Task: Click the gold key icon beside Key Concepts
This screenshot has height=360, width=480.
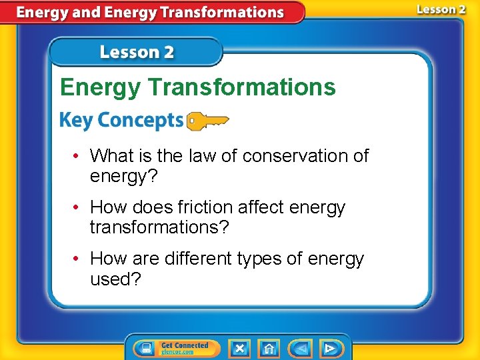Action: coord(207,121)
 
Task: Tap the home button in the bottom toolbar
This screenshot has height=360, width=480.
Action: coord(269,348)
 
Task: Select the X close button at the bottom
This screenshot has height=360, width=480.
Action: coord(240,348)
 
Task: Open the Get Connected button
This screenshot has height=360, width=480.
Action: coord(176,348)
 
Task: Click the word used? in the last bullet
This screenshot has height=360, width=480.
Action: coord(115,279)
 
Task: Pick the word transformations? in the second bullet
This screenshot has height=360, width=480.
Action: coord(159,227)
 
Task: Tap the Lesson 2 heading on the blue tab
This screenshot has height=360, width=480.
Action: coord(137,52)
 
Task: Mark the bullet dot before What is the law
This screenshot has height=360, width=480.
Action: coord(77,156)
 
